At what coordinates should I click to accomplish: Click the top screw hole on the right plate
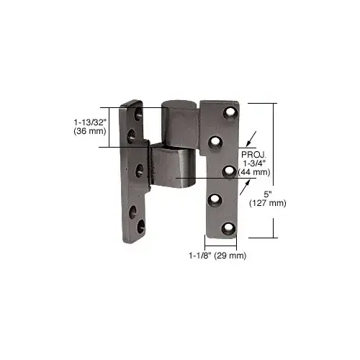(x=230, y=113)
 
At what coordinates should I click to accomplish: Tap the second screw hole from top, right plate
(x=215, y=143)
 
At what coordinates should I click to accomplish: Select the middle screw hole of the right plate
(x=228, y=171)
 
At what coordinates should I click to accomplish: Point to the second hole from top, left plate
(x=131, y=134)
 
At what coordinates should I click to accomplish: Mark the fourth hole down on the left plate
(x=132, y=211)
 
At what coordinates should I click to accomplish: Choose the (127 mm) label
(x=268, y=203)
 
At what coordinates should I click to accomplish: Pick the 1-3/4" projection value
(x=256, y=163)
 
